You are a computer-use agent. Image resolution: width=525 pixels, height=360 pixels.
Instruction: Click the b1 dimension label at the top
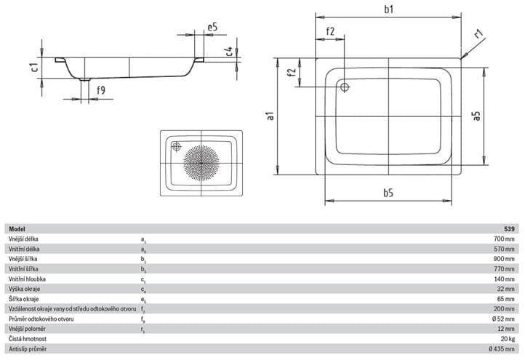388,9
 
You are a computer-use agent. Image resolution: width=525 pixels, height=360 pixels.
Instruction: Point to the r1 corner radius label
478,33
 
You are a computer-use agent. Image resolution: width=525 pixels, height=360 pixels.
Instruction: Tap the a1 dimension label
270,116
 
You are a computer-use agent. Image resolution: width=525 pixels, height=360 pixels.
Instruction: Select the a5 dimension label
476,116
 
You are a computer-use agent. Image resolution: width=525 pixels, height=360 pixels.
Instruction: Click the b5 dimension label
388,193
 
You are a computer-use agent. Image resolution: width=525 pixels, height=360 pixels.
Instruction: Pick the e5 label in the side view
212,27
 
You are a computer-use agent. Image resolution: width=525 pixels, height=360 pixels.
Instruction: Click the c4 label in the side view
228,51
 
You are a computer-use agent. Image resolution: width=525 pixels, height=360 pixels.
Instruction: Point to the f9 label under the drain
101,90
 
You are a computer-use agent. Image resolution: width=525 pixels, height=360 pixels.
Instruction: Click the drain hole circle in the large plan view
345,87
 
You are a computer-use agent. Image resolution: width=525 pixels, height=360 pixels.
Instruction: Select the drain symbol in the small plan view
177,147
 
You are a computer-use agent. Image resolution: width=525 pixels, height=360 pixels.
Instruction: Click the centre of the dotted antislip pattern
201,163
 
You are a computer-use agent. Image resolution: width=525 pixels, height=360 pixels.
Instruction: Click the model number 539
509,229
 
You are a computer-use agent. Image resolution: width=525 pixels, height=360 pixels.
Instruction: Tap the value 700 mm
504,239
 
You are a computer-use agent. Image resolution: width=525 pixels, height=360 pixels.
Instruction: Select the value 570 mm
504,249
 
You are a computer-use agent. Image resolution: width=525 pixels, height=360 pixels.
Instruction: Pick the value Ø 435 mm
502,349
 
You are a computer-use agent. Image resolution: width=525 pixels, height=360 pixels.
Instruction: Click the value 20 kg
508,339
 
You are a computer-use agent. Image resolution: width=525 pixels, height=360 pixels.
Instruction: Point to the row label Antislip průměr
28,349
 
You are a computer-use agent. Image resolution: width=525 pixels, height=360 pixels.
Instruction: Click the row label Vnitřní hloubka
28,279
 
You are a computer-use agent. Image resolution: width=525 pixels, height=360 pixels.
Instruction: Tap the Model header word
17,229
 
